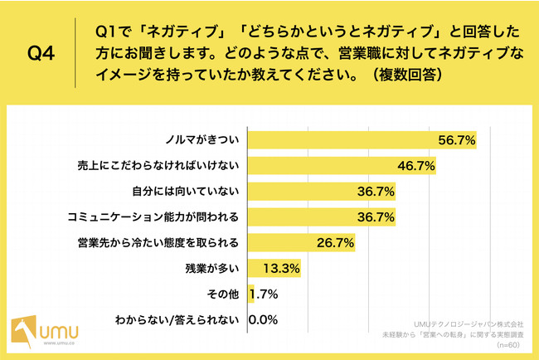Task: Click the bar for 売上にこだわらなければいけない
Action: click(x=331, y=165)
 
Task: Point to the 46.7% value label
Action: click(x=416, y=165)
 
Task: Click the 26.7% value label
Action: click(x=335, y=243)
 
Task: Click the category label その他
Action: click(x=224, y=294)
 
